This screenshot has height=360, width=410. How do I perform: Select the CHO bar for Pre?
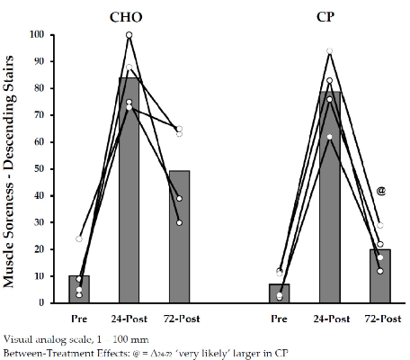79,290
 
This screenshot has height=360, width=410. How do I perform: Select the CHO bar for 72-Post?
180,237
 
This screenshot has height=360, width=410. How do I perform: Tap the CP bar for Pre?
280,293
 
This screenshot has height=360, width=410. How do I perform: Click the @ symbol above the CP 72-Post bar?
381,191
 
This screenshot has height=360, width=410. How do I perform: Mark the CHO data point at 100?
129,35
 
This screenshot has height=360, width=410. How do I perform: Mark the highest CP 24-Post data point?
330,51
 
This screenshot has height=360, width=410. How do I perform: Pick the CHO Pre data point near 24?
79,239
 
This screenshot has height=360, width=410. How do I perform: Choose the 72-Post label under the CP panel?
381,319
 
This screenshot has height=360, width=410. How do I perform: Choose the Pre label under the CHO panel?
79,319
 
